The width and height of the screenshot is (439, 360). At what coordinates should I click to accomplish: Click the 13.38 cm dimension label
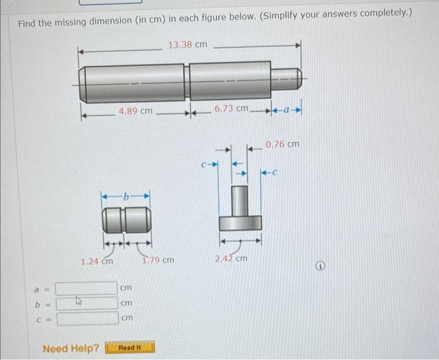188,44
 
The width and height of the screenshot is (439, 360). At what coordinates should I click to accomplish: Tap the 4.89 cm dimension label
135,111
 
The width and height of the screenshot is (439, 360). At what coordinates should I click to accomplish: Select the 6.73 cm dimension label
231,109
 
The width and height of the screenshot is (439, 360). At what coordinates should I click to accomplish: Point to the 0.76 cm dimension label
282,144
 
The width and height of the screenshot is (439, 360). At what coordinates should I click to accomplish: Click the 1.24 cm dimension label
97,260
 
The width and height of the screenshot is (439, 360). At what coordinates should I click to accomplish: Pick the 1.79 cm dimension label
158,260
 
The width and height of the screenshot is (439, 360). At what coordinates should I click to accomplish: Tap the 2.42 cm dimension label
231,258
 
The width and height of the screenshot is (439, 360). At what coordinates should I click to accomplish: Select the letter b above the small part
127,197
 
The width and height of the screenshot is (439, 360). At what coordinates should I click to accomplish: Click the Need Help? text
70,347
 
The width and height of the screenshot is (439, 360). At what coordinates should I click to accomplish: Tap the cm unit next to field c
127,319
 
